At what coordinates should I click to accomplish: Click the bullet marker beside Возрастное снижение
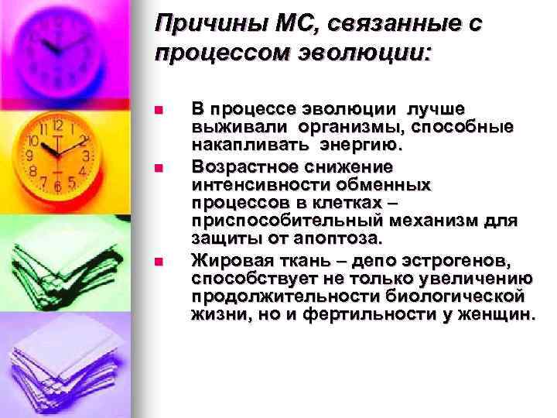point(159,167)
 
